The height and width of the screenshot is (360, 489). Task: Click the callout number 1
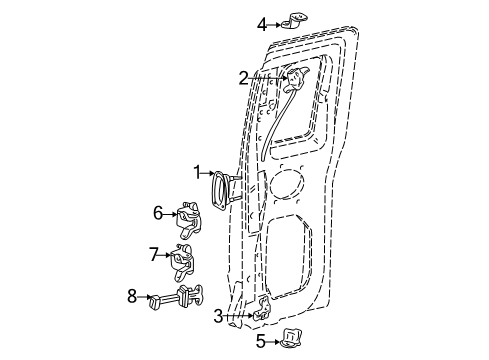tap(197, 173)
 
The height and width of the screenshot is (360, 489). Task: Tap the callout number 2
tap(244, 79)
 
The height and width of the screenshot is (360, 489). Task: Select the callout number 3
tap(218, 316)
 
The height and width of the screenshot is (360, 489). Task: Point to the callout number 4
tap(262, 25)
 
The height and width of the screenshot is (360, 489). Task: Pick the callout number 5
tap(261, 341)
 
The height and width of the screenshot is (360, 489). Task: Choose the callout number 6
tap(158, 213)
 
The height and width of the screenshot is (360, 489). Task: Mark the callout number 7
tap(153, 255)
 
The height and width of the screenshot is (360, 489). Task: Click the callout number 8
tap(132, 296)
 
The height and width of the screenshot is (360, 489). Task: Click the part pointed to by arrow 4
tap(294, 20)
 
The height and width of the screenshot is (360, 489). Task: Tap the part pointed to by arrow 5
tap(291, 338)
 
